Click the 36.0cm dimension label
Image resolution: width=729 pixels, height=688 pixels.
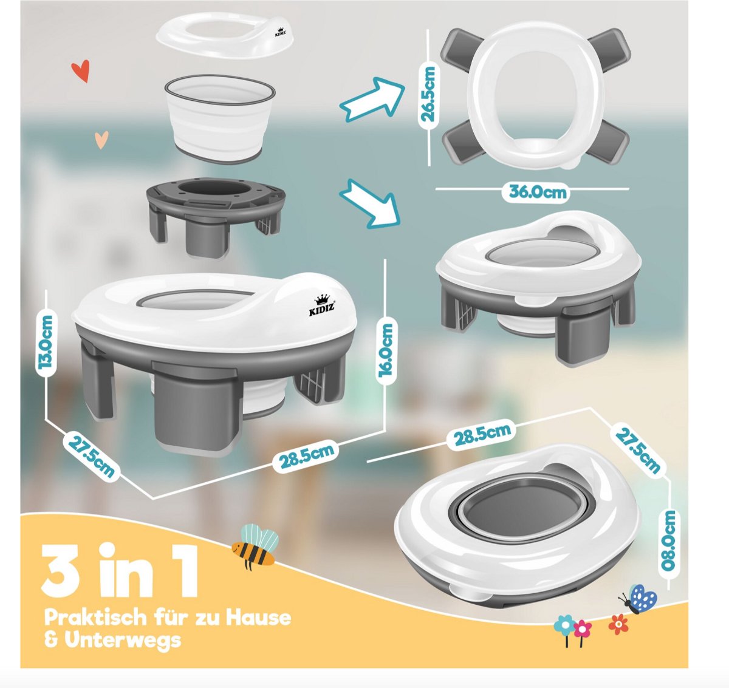(x=538, y=192)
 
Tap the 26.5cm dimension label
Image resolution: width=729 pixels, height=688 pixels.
(x=428, y=94)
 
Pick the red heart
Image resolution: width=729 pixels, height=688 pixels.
(x=80, y=71)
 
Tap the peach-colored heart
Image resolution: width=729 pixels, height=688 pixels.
(x=101, y=140)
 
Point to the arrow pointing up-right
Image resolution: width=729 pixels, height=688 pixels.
(x=372, y=100)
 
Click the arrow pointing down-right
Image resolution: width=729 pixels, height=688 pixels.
(x=371, y=203)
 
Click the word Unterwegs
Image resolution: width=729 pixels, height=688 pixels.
(x=123, y=639)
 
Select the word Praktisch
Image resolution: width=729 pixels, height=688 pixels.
(x=95, y=617)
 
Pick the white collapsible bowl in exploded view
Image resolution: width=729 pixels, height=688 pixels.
(x=219, y=118)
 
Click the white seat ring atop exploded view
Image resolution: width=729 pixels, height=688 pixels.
(x=225, y=35)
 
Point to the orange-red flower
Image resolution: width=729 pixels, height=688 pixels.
(x=618, y=624)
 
